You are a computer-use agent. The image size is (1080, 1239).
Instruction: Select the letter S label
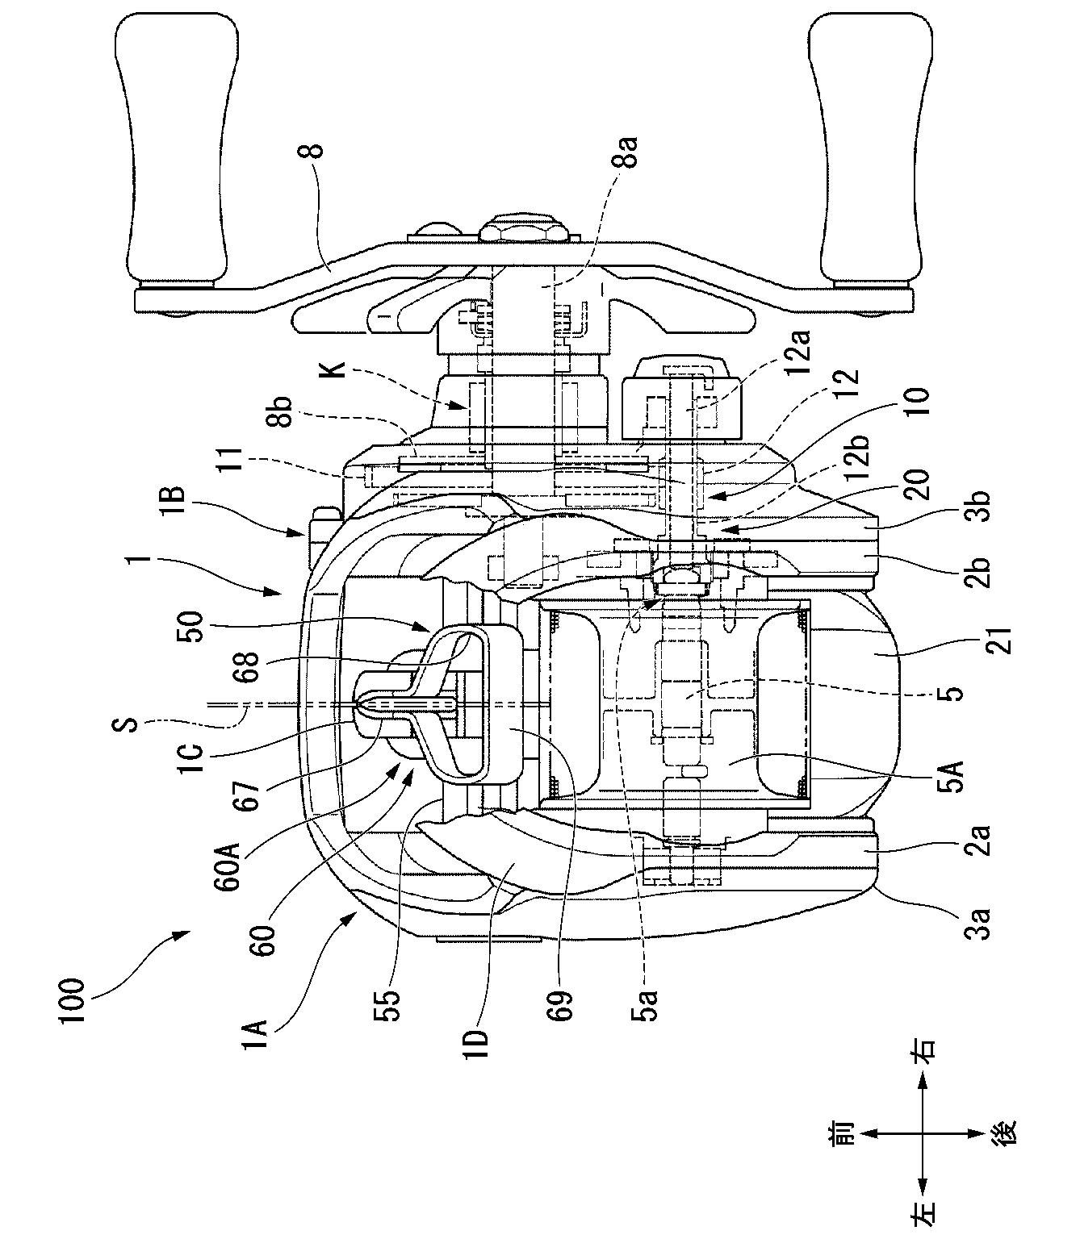click(x=129, y=724)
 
